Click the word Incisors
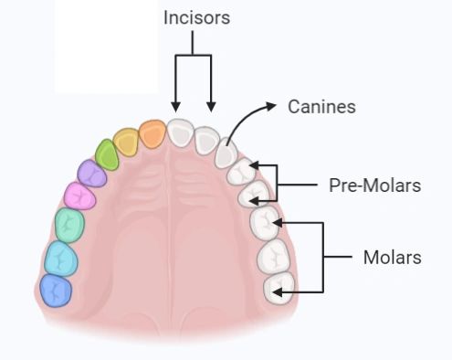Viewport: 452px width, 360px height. tap(196, 17)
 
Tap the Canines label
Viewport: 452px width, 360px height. tap(321, 107)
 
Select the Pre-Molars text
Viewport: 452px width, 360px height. tap(375, 185)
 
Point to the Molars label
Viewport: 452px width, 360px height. tap(393, 258)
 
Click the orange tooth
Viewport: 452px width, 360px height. tap(152, 134)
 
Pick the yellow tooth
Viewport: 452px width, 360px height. tap(126, 143)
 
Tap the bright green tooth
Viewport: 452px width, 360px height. tap(107, 154)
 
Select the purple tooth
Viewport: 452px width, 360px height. tap(91, 174)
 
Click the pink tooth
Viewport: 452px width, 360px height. tap(79, 196)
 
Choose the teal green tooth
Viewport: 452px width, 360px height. tap(69, 225)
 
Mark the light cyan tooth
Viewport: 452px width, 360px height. tap(61, 259)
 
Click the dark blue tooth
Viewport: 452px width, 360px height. tap(56, 291)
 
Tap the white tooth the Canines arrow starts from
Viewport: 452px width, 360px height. tap(226, 153)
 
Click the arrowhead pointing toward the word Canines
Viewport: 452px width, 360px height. tap(270, 106)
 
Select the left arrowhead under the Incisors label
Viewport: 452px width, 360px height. tap(175, 107)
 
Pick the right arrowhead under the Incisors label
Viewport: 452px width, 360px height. tap(211, 107)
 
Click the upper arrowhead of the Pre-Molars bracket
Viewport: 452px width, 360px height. tap(255, 165)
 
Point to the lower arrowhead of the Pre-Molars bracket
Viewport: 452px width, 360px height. tap(255, 201)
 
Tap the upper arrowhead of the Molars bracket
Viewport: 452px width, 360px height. tap(277, 223)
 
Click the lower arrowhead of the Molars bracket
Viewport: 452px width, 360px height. tap(277, 292)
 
